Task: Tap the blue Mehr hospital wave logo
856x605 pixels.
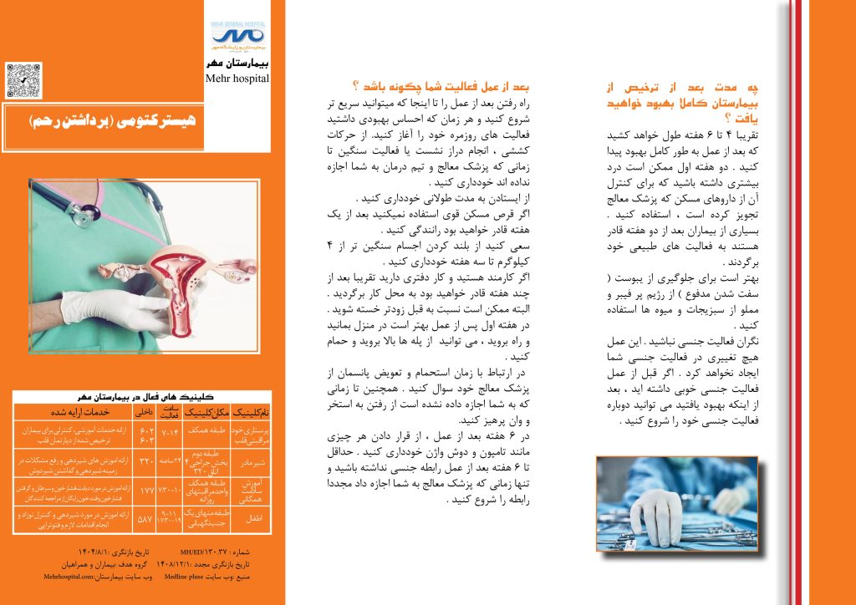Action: pos(238,36)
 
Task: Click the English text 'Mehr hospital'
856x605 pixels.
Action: pos(237,79)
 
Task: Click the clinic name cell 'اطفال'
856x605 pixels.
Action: pos(255,518)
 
